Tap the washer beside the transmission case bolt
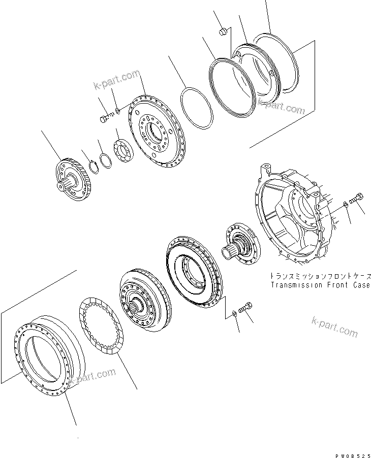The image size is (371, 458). (346, 204)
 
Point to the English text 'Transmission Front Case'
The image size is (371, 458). (320, 285)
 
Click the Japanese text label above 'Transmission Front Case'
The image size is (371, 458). (320, 277)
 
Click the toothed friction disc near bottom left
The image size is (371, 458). (103, 324)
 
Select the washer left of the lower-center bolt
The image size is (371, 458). (233, 312)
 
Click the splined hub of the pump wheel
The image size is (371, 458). (137, 305)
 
